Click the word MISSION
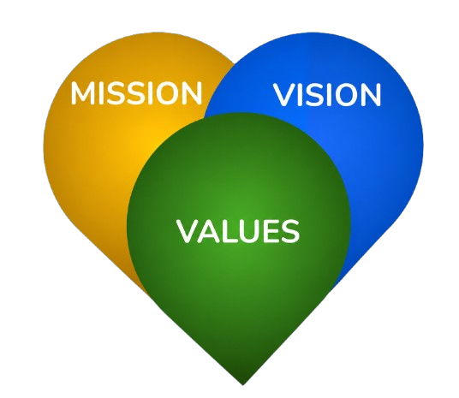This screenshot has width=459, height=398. [136, 93]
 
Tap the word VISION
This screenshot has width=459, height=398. [327, 94]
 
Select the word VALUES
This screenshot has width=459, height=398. [238, 231]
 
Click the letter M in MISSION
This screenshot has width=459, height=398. [83, 93]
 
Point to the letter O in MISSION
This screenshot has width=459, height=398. [166, 93]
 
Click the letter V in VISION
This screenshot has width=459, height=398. [284, 94]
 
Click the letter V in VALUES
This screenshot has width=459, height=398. [188, 231]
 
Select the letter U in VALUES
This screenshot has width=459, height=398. [250, 231]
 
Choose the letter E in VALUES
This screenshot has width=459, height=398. [272, 231]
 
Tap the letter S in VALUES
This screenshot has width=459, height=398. [291, 231]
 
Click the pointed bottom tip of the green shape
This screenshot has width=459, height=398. [242, 384]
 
